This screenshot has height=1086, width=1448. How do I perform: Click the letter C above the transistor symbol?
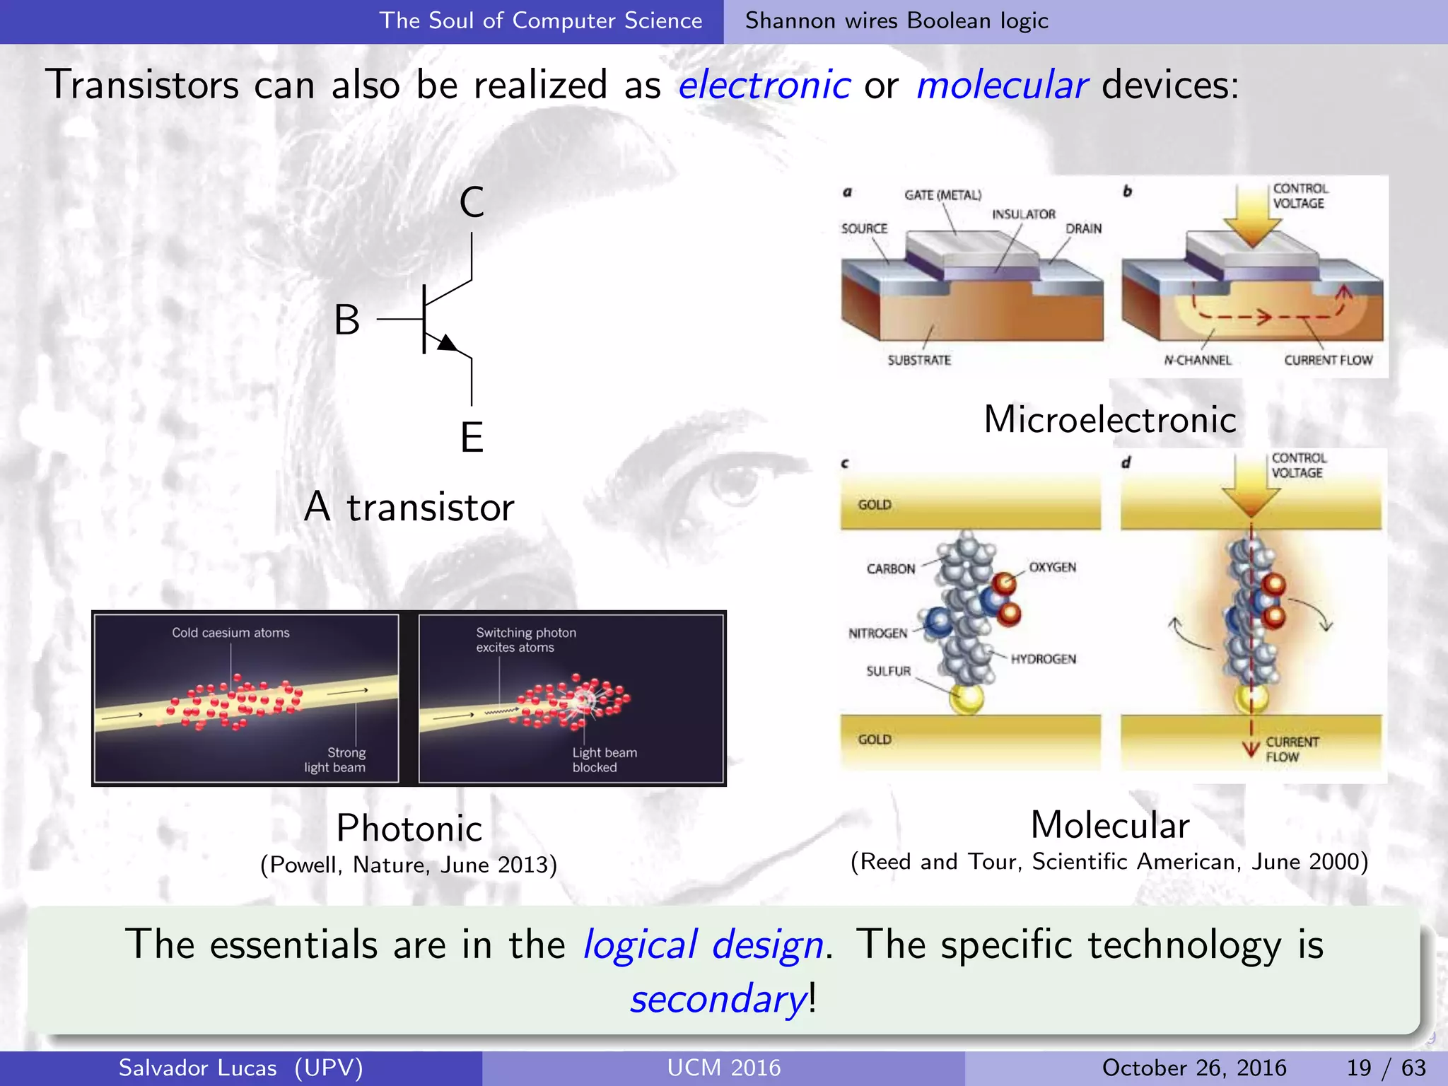pyautogui.click(x=472, y=202)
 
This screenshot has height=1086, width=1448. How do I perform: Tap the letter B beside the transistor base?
pyautogui.click(x=347, y=320)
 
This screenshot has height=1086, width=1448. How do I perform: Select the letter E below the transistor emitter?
pyautogui.click(x=472, y=437)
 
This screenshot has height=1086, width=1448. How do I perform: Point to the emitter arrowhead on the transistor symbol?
pyautogui.click(x=446, y=344)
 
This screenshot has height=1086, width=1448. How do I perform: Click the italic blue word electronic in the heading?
pyautogui.click(x=764, y=86)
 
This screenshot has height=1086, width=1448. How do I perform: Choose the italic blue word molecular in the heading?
pyautogui.click(x=1001, y=86)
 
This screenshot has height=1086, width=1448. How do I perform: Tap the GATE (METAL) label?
pyautogui.click(x=942, y=195)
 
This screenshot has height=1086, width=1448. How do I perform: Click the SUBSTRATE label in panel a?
pyautogui.click(x=919, y=360)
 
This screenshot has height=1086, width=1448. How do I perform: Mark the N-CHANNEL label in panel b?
pyautogui.click(x=1198, y=360)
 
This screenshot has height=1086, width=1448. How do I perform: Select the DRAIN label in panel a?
pyautogui.click(x=1083, y=228)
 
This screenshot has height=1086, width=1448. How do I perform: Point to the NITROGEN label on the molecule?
pyautogui.click(x=877, y=633)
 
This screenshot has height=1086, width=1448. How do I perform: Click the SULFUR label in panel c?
pyautogui.click(x=888, y=671)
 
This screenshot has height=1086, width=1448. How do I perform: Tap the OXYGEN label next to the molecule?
pyautogui.click(x=1052, y=567)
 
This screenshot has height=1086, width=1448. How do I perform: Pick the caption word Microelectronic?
pyautogui.click(x=1109, y=419)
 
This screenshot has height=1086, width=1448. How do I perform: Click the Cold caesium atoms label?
pyautogui.click(x=230, y=632)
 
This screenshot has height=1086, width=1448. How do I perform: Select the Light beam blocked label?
pyautogui.click(x=604, y=759)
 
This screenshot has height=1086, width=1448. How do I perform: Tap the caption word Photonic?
pyautogui.click(x=409, y=828)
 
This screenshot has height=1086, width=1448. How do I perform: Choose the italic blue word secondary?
pyautogui.click(x=718, y=999)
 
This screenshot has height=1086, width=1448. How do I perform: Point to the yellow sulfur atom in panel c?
pyautogui.click(x=967, y=699)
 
